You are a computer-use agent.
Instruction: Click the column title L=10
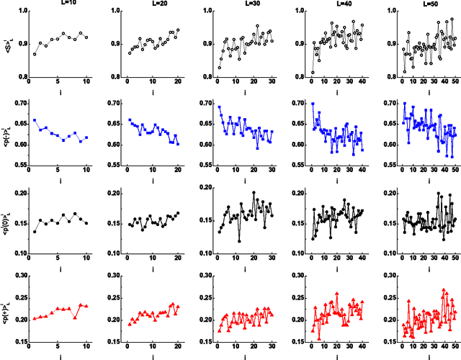pos(58,4)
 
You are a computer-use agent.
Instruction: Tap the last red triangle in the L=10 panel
pos(86,306)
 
